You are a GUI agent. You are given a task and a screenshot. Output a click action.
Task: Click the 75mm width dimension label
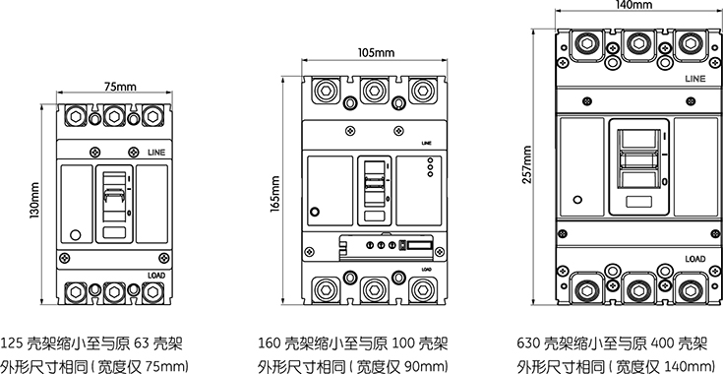[114, 87]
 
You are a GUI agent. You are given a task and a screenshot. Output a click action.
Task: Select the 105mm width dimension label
[376, 53]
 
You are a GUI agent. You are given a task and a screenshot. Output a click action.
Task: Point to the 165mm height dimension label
[275, 194]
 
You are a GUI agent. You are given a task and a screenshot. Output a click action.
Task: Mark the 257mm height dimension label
[527, 164]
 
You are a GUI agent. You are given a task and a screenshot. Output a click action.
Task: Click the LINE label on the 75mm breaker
[156, 153]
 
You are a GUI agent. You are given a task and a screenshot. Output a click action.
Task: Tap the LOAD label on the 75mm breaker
[156, 276]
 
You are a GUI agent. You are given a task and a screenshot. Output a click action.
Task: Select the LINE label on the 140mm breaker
[694, 79]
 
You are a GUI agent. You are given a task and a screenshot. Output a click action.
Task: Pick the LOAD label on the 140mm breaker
[694, 259]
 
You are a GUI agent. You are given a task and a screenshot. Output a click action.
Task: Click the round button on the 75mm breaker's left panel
[75, 234]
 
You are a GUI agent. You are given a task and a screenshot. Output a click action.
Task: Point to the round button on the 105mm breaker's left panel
[315, 213]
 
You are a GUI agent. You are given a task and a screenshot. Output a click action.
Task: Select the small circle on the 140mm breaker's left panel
[577, 200]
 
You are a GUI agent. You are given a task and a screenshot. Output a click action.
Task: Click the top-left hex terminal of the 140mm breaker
[586, 44]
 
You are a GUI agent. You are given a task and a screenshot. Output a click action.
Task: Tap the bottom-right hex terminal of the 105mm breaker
[422, 290]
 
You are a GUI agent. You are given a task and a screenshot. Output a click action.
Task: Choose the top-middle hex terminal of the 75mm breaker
[114, 116]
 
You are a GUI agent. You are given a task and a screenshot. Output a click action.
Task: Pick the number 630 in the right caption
[528, 344]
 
